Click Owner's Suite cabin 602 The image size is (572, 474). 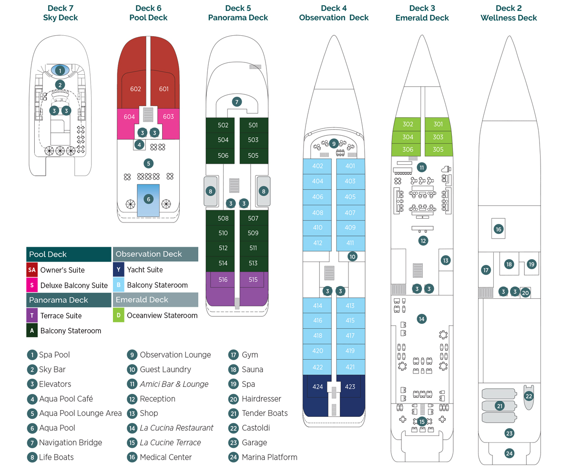click(x=135, y=89)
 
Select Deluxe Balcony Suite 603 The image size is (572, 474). click(x=168, y=117)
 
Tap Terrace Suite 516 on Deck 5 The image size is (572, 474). click(x=223, y=280)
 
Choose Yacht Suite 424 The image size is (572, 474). click(x=317, y=387)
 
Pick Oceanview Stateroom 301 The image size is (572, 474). click(x=438, y=124)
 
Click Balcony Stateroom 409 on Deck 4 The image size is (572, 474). click(x=350, y=228)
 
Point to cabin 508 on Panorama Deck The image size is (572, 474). click(x=223, y=218)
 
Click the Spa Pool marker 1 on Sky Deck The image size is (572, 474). click(x=60, y=71)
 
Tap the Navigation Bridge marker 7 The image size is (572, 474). click(x=236, y=101)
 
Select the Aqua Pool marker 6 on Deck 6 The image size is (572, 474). click(x=149, y=199)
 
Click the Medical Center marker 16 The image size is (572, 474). click(x=498, y=229)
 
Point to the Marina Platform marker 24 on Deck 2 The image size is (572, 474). click(x=509, y=453)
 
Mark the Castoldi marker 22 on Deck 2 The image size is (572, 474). click(x=529, y=396)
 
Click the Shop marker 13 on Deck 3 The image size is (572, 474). click(x=445, y=261)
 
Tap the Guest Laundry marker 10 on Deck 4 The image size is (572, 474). click(x=352, y=256)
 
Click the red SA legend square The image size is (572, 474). click(x=32, y=270)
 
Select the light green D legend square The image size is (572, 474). click(x=118, y=315)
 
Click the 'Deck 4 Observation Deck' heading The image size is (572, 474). click(x=334, y=13)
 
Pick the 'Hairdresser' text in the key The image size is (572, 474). click(x=261, y=399)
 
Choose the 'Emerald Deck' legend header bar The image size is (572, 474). click(x=155, y=300)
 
